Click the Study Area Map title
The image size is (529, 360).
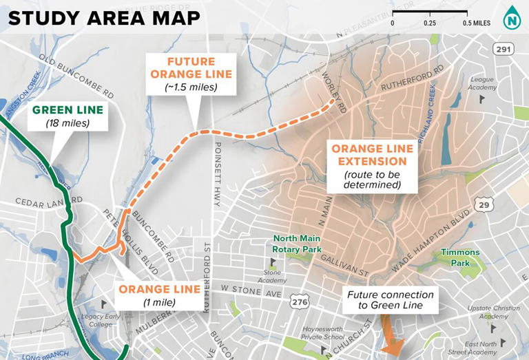click(105, 18)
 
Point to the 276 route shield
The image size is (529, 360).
click(300, 301)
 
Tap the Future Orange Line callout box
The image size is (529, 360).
click(190, 74)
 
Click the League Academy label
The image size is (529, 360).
click(481, 83)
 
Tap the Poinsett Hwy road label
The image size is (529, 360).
click(217, 179)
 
